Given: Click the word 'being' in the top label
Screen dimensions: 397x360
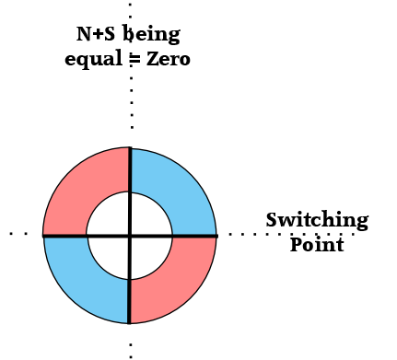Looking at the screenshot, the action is [151, 34].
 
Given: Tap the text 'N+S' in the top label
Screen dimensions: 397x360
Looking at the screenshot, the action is [96, 34].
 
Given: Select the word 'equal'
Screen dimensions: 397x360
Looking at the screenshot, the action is [93, 60].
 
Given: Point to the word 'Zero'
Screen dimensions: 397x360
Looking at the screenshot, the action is [169, 59].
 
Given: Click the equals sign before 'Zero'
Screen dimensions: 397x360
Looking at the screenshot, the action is [134, 59].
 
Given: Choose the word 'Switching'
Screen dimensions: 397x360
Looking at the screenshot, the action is [317, 221].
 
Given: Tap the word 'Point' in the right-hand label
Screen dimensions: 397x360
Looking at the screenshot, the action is [317, 245].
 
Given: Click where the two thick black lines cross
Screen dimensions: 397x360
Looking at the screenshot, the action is [130, 236].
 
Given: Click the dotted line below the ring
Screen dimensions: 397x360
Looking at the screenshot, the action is [131, 351].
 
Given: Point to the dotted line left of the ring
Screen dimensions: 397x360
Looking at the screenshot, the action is [18, 234].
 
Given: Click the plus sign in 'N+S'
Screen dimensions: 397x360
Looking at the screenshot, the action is [98, 34].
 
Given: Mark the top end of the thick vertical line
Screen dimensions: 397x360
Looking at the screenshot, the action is [130, 147].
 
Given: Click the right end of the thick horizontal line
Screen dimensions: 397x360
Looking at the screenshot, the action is [217, 236].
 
